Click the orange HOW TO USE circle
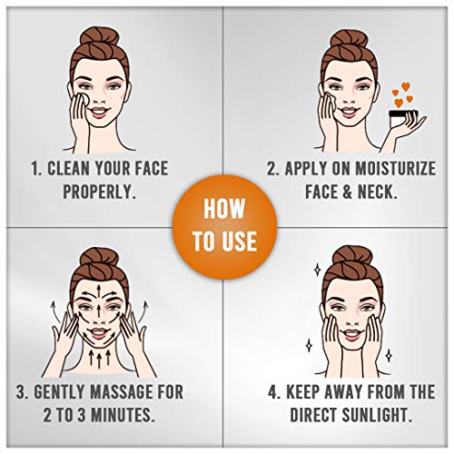click(x=225, y=227)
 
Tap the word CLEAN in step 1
click(x=68, y=168)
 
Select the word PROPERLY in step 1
click(x=99, y=192)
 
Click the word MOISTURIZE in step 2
click(x=395, y=168)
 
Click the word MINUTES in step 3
click(x=123, y=415)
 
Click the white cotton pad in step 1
click(x=83, y=99)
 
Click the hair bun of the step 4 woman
click(x=352, y=255)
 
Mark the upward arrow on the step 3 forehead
click(x=99, y=290)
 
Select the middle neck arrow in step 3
click(x=99, y=359)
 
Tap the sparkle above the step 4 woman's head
click(x=317, y=270)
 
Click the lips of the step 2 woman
click(x=349, y=111)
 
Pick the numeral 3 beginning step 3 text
click(x=21, y=391)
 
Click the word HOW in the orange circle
click(x=224, y=209)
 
